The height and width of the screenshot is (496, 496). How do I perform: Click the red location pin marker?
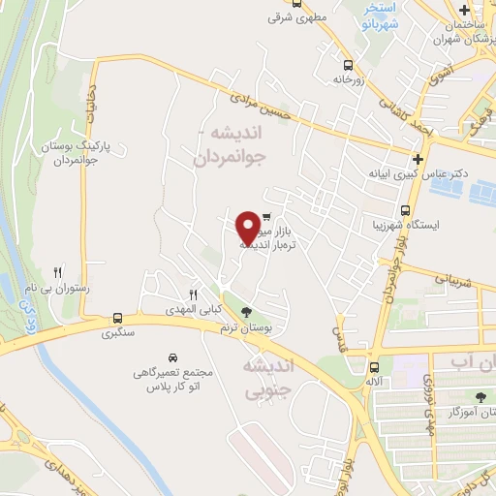coord(249,227)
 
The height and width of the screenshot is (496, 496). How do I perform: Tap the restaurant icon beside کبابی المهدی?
coord(193,294)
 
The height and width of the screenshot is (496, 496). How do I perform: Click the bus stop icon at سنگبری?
coord(117,317)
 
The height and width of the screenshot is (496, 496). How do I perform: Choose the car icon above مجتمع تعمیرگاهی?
coord(172,356)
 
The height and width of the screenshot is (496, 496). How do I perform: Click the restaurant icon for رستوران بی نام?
coord(58,273)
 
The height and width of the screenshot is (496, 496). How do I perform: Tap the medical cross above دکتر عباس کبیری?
coord(418,159)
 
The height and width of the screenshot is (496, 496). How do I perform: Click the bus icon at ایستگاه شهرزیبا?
coord(405,210)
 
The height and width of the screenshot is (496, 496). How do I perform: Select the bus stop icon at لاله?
coord(373,366)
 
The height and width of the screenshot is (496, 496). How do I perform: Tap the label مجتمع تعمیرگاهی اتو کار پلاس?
coord(174,379)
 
